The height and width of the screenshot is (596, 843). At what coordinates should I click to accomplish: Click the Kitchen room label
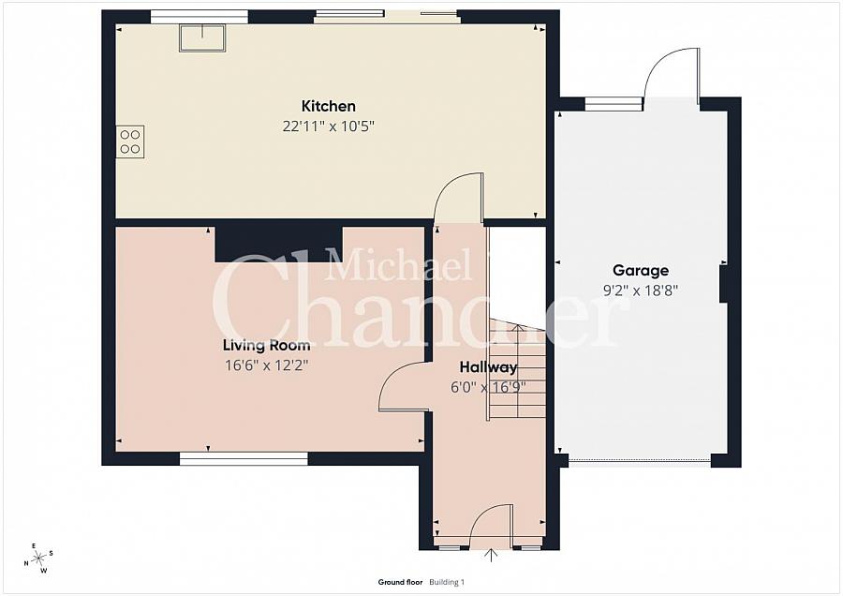328,106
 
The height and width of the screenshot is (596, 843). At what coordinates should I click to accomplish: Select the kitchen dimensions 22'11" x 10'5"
328,126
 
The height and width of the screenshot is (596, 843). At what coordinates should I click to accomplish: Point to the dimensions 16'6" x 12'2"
266,365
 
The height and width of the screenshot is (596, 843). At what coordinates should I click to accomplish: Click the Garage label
641,271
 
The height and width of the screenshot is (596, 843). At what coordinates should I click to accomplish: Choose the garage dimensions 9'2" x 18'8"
641,291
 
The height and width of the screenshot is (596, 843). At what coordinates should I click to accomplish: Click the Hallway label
488,367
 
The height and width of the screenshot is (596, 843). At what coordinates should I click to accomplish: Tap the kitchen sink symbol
203,37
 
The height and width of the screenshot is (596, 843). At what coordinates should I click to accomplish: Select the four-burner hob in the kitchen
130,142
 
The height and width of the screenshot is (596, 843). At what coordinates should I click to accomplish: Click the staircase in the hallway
518,375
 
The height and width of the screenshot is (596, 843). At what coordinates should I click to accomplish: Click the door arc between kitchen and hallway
460,197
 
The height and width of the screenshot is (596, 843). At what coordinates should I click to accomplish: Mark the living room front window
244,458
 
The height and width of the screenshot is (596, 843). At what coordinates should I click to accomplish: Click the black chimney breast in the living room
278,243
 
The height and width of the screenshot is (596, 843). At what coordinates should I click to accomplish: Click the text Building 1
447,582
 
